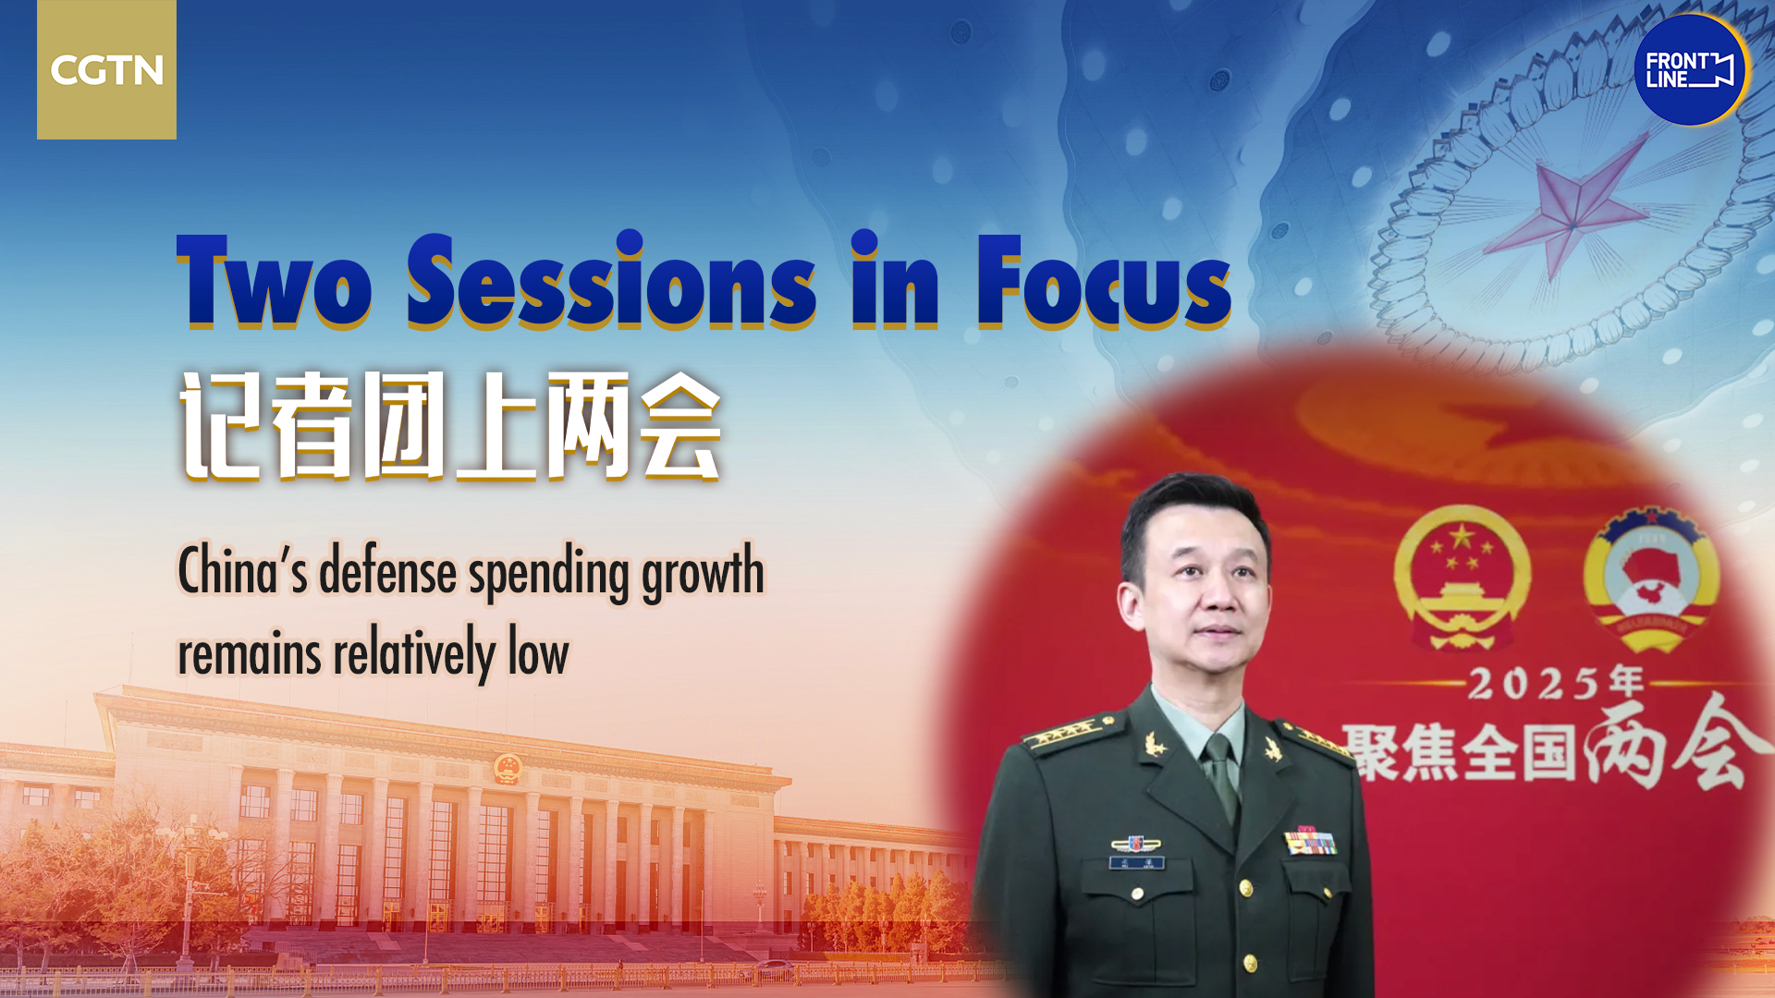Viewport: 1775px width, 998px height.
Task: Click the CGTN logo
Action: point(106,69)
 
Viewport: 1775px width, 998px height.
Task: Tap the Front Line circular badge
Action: point(1690,70)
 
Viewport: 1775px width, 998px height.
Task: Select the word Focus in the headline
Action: point(1104,281)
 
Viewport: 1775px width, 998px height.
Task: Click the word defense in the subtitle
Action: point(388,571)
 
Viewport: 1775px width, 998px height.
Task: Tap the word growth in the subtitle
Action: point(704,573)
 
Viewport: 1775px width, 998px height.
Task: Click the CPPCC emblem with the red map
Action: point(1651,578)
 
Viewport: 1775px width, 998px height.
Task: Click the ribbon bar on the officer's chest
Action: point(1310,842)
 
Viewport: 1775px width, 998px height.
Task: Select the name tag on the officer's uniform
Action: point(1136,863)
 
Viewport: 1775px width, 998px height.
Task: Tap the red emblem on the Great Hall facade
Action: point(508,769)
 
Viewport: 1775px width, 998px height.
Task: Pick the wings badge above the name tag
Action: point(1136,844)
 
